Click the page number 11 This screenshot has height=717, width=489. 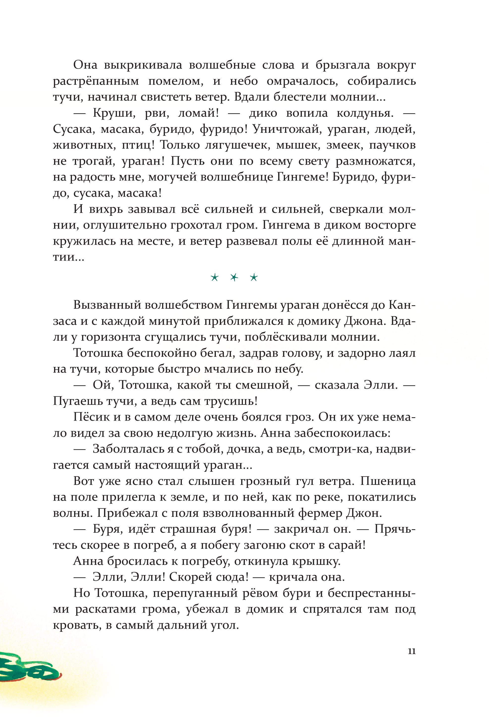click(x=411, y=651)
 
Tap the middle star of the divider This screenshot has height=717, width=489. click(x=234, y=278)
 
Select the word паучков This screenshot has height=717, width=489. click(x=392, y=145)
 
